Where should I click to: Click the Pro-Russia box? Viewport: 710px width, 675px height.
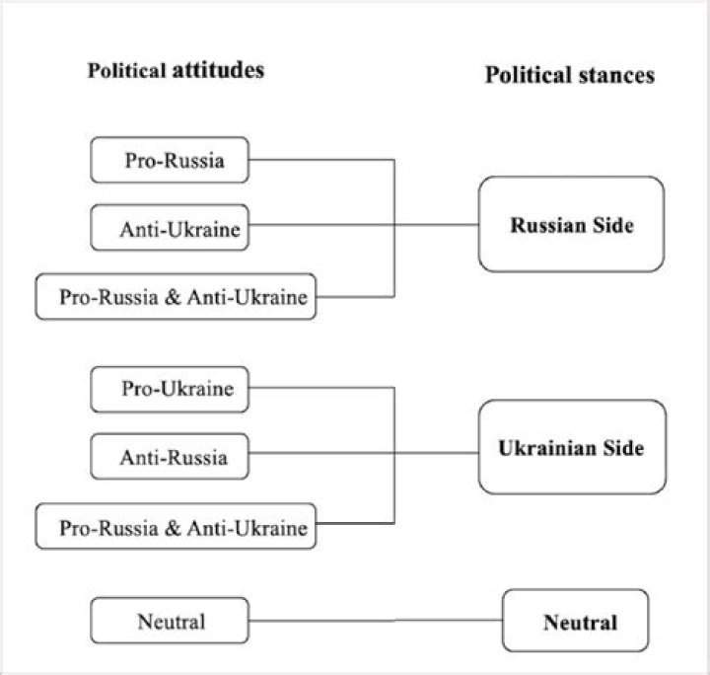(170, 160)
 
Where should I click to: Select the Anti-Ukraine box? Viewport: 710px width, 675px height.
(170, 227)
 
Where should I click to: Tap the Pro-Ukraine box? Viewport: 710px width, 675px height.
(170, 390)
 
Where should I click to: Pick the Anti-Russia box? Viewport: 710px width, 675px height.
(170, 457)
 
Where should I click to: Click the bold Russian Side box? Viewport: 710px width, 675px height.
(571, 224)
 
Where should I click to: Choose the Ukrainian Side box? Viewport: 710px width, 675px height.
(572, 447)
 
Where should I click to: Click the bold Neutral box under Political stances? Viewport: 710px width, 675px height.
(576, 621)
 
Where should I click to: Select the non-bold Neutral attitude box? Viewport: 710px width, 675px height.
(170, 621)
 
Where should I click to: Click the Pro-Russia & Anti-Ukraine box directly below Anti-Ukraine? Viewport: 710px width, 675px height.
(176, 297)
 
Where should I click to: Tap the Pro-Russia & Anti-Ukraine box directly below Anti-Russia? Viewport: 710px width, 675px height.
(176, 526)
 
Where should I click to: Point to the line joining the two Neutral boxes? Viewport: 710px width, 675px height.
(376, 621)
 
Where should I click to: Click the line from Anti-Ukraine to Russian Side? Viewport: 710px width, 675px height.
(364, 225)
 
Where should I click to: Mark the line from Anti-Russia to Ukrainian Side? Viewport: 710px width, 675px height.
(364, 453)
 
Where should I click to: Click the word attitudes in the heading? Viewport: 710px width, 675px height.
(218, 70)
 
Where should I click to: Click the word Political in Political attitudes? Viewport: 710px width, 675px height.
(127, 70)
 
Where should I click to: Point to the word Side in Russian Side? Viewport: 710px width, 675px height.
(613, 225)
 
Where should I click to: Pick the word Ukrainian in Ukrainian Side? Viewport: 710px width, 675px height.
(547, 448)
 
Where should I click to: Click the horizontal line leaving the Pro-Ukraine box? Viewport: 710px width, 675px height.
(321, 387)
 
